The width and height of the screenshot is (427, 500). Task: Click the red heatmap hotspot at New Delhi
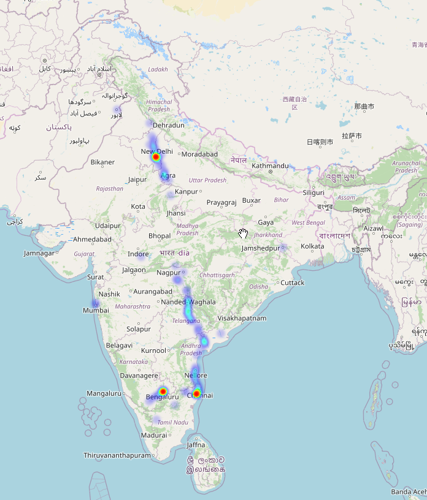(156, 157)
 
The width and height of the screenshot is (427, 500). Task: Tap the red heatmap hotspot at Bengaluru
(163, 391)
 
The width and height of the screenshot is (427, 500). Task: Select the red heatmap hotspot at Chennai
(197, 393)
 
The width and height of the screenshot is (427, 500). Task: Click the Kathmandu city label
(270, 165)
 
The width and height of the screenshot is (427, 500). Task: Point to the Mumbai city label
(96, 311)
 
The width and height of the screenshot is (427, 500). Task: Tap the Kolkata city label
(312, 246)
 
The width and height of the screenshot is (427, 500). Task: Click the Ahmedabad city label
(92, 239)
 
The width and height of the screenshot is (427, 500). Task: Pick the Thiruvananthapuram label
(117, 455)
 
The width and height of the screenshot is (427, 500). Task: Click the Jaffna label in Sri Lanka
(196, 445)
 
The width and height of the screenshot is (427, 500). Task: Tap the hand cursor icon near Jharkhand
(244, 233)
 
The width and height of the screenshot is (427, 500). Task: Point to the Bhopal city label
(160, 236)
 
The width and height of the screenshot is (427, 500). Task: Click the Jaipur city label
(137, 180)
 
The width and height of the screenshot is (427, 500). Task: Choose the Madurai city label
(153, 435)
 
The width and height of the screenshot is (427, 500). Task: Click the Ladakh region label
(158, 69)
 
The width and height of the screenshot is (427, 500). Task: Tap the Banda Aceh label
(409, 491)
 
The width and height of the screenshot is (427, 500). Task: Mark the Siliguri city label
(313, 192)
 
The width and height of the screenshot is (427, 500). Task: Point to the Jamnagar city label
(39, 253)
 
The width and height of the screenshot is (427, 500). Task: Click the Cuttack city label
(292, 282)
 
